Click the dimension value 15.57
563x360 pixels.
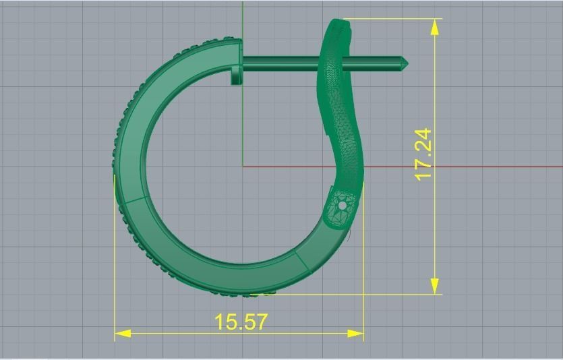241,322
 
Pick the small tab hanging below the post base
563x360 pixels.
235,76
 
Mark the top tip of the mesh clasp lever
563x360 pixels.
340,22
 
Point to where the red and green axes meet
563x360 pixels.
243,167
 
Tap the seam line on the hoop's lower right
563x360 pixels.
301,260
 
